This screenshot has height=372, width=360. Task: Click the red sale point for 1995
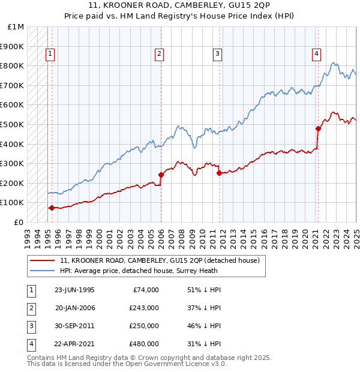(x=52, y=208)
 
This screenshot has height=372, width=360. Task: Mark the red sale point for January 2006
(x=161, y=175)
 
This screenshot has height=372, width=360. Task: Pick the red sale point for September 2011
(x=219, y=173)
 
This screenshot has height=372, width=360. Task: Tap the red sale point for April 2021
(x=318, y=128)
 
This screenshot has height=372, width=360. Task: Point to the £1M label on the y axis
(x=15, y=27)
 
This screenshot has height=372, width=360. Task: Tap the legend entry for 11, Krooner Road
(x=160, y=260)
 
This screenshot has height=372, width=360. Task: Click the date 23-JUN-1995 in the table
(x=74, y=290)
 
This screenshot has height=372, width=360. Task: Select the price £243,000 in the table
(x=144, y=308)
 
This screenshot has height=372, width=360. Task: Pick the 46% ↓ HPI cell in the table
(x=205, y=326)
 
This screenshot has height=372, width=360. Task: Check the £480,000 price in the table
(x=144, y=344)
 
